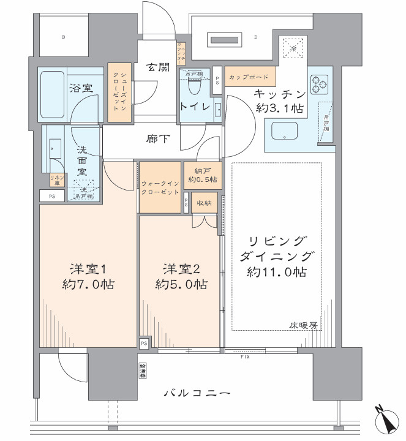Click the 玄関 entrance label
tap(158, 68)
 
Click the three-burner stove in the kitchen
tap(320, 85)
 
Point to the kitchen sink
tap(284, 130)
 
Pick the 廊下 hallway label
tap(158, 138)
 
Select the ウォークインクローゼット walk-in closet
tap(160, 187)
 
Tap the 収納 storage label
tap(204, 203)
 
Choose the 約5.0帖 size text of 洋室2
tap(181, 284)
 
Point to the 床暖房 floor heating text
tap(304, 325)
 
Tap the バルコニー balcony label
tap(197, 393)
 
